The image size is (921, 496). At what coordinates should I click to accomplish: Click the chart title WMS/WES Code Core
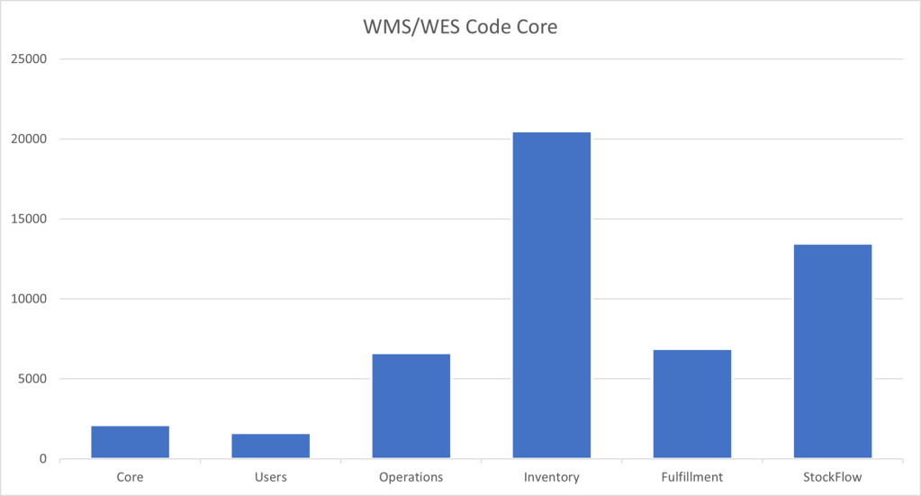click(459, 27)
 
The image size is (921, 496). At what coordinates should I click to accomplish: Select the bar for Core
click(131, 442)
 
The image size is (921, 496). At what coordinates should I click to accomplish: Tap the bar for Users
click(271, 446)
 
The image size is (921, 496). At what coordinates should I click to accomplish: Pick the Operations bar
click(411, 406)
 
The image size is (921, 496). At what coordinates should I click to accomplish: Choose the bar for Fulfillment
click(692, 404)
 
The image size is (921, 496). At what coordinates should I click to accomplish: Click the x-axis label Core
click(131, 476)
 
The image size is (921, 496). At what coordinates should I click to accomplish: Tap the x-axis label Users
click(271, 476)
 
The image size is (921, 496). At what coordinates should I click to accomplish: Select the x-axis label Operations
click(411, 476)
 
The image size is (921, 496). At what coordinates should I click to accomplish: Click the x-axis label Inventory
click(552, 476)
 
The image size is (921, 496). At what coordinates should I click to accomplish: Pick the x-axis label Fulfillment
click(692, 476)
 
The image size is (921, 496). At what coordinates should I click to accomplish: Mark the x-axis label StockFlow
click(833, 476)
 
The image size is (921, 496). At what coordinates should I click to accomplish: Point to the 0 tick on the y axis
click(42, 459)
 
